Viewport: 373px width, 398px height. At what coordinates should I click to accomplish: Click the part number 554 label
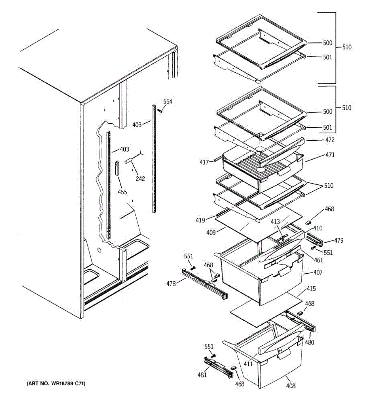[168, 101]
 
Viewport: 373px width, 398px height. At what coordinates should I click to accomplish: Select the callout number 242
[140, 179]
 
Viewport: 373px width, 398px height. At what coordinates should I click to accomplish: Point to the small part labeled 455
[117, 168]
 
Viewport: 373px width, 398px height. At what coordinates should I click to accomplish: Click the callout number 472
[330, 140]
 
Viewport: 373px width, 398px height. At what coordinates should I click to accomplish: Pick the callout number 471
[330, 155]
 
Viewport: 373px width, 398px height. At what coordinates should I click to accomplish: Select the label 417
[204, 162]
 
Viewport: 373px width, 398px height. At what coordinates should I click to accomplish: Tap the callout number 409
[211, 232]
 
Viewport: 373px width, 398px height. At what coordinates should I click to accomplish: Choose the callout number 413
[275, 222]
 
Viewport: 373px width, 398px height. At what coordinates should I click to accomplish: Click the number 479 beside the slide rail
[339, 241]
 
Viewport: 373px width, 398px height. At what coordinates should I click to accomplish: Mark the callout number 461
[318, 260]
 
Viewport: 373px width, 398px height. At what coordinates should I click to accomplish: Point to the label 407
[318, 273]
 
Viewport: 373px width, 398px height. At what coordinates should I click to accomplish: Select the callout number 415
[311, 289]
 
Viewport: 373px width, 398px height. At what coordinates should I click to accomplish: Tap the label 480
[310, 343]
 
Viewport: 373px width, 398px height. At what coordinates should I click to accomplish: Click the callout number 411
[248, 364]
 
